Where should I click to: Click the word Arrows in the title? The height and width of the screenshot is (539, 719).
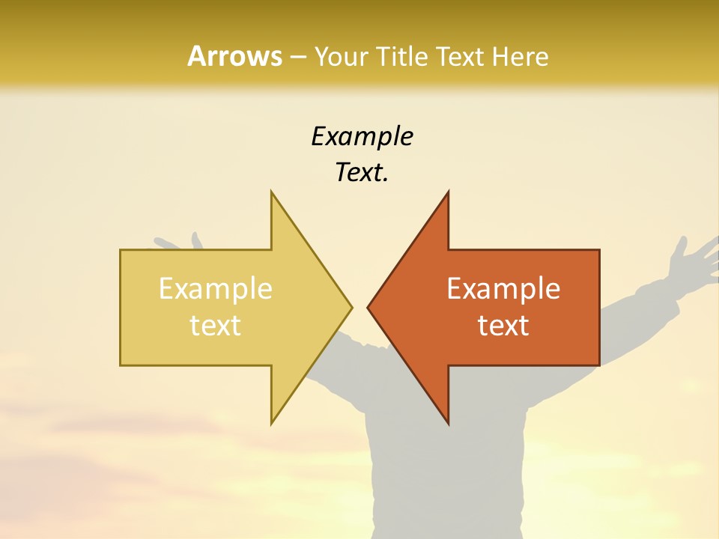[234, 56]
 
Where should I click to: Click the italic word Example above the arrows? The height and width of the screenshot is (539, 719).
[362, 137]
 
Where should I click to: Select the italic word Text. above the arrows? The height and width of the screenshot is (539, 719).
[362, 173]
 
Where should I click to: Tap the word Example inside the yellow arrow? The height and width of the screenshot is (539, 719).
[216, 289]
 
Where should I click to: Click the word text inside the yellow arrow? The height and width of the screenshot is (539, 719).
[216, 326]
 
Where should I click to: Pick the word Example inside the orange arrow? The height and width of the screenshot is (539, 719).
[503, 289]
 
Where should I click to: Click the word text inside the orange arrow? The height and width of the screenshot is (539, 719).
[503, 326]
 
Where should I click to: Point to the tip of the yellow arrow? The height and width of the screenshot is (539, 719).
[351, 307]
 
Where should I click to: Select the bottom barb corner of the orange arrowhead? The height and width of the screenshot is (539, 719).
[448, 423]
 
